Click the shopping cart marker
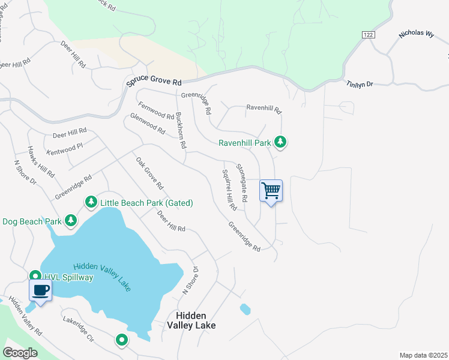click(x=271, y=191)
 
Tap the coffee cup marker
click(x=40, y=291)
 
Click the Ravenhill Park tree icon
click(x=280, y=142)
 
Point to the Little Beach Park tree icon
click(x=91, y=202)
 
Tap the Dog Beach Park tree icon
click(x=71, y=221)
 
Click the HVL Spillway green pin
click(x=35, y=277)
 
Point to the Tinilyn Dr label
click(x=360, y=85)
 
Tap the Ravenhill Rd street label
click(x=264, y=109)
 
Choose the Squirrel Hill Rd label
click(x=229, y=190)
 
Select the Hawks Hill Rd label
click(x=41, y=163)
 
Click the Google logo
click(x=20, y=353)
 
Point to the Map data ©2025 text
click(x=423, y=355)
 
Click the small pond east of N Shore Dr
click(x=245, y=310)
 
